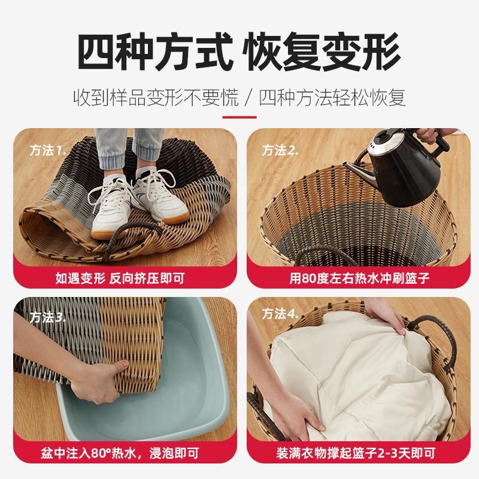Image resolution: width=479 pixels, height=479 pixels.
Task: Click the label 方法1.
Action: (x=48, y=150)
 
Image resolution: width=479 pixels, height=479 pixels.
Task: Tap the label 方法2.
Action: (x=280, y=150)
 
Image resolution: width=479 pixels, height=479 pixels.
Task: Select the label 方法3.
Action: (x=48, y=318)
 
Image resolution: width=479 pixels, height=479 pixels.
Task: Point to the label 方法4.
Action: (x=280, y=314)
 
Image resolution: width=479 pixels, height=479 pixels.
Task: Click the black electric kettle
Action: (x=403, y=171)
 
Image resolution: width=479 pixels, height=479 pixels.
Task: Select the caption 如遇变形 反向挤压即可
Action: (x=120, y=278)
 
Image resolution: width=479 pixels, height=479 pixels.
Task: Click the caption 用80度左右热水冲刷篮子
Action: (x=360, y=278)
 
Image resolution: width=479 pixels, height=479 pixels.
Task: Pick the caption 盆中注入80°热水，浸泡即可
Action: (x=120, y=453)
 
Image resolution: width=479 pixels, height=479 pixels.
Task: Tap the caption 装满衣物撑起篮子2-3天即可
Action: (x=356, y=453)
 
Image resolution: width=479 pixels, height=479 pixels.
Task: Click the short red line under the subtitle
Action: (x=239, y=117)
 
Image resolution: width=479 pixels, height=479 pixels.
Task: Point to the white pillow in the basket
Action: (x=357, y=376)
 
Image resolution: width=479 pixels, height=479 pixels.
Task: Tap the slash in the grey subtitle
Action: (x=249, y=98)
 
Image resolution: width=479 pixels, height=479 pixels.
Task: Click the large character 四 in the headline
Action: (x=95, y=51)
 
